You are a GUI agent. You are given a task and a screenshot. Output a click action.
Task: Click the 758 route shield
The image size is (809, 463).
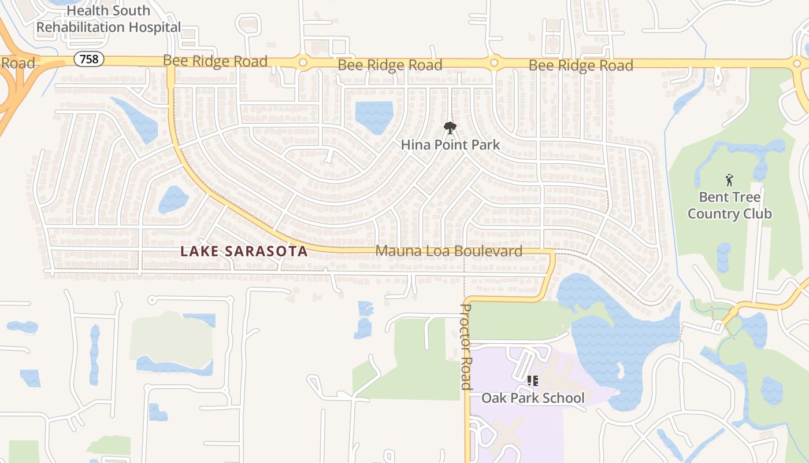tap(88, 59)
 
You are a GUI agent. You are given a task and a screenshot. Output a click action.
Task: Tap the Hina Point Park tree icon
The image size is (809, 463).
tap(450, 128)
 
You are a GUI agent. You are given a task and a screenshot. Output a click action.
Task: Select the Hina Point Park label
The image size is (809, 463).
tap(450, 144)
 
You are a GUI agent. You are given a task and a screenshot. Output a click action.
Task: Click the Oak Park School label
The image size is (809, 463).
tap(533, 398)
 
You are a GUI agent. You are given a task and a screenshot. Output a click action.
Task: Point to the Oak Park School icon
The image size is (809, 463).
tap(533, 381)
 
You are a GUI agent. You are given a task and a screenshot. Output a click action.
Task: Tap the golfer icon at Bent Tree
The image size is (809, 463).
tap(729, 180)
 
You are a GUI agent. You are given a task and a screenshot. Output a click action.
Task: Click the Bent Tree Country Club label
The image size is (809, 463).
tap(729, 205)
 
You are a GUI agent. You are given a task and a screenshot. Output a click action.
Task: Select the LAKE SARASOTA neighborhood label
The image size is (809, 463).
tap(244, 251)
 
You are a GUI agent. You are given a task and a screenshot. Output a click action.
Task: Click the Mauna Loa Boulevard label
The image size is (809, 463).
tap(449, 251)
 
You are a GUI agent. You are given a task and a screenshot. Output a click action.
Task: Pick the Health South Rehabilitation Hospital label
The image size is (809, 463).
tap(109, 19)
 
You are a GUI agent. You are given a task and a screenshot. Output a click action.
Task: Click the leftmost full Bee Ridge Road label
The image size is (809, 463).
tap(215, 61)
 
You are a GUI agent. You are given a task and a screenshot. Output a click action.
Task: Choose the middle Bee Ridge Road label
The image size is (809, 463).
tap(390, 65)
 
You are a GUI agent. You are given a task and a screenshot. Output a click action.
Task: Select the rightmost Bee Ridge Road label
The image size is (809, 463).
tap(581, 65)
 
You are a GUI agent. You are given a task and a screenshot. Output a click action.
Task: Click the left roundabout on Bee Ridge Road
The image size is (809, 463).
tap(302, 62)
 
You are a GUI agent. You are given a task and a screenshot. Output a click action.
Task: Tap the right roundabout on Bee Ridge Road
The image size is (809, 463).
tap(494, 63)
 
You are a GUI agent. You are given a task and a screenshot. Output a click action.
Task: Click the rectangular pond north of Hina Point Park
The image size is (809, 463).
tap(374, 116)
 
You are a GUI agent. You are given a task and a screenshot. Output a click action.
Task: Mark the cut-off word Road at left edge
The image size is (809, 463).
tap(17, 63)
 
